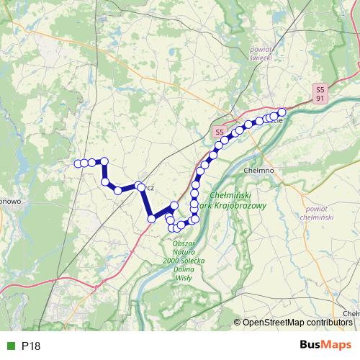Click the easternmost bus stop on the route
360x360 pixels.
pos(282,112)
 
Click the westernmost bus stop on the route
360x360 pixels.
pos(77,163)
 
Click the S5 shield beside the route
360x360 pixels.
pos(219,132)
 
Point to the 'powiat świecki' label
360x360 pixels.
pos(260,53)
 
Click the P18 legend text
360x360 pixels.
pos(31,346)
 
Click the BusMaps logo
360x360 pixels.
pos(326,345)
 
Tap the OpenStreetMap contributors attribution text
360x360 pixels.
pos(297,323)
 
